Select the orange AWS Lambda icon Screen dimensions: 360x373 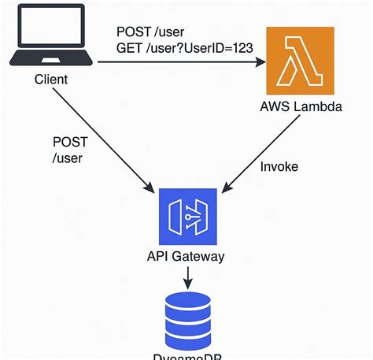(301, 59)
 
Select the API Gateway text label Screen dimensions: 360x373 (186, 257)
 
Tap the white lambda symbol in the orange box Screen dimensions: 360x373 (301, 59)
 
